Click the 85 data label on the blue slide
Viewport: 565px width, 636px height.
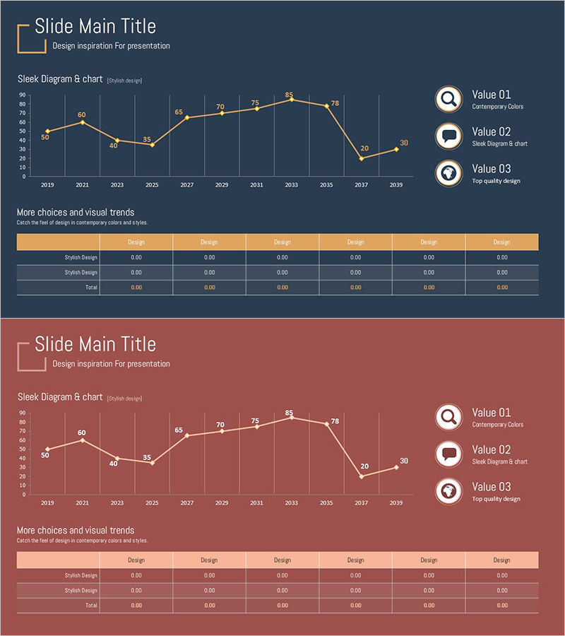click(289, 95)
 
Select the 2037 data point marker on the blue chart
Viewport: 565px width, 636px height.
click(362, 158)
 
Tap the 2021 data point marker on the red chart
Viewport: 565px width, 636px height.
click(82, 440)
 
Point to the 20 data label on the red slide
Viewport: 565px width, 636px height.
click(364, 466)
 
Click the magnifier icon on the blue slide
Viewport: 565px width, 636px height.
click(448, 99)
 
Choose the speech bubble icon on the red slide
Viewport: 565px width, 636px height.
click(448, 454)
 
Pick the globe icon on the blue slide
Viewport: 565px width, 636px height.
click(448, 173)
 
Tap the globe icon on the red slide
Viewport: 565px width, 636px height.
click(448, 491)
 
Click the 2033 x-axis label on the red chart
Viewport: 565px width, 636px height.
click(291, 502)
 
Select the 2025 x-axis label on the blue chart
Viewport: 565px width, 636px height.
click(152, 184)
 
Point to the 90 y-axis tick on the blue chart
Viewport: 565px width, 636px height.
click(23, 95)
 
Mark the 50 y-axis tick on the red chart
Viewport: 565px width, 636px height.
click(23, 449)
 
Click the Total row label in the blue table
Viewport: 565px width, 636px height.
click(91, 288)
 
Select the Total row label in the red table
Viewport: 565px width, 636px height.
click(91, 606)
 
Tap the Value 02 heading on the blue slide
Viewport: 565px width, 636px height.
click(491, 131)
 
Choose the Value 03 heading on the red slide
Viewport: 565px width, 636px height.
click(491, 487)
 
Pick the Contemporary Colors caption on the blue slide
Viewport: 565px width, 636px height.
click(497, 107)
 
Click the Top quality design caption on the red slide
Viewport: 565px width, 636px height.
click(496, 499)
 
